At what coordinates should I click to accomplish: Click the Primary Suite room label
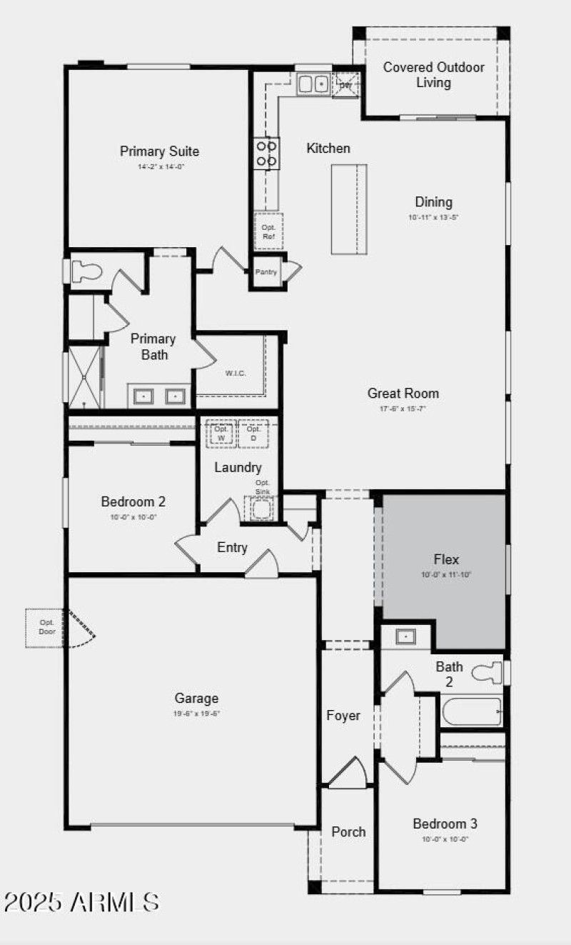point(159,151)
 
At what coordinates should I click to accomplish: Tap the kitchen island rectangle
point(349,209)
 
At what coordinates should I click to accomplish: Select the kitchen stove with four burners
point(266,154)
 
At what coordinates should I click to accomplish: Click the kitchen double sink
point(313,84)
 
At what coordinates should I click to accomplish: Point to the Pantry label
point(266,272)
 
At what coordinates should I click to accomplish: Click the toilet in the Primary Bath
point(86,271)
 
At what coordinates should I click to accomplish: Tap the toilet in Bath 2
point(490,673)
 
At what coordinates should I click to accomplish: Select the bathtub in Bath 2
point(471,711)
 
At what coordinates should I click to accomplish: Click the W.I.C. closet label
point(236,373)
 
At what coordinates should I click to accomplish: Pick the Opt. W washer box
point(221,434)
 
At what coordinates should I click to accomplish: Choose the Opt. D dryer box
point(253,434)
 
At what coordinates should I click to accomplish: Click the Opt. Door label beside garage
point(47,627)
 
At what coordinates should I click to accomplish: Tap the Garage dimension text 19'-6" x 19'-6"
point(196,713)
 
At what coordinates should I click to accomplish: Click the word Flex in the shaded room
point(446,559)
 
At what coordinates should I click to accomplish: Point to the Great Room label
point(403,393)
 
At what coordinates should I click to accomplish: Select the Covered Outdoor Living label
point(434,75)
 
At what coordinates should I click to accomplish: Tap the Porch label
point(348,832)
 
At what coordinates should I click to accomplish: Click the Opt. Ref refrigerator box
point(268,231)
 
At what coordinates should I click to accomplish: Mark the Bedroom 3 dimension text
point(445,839)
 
